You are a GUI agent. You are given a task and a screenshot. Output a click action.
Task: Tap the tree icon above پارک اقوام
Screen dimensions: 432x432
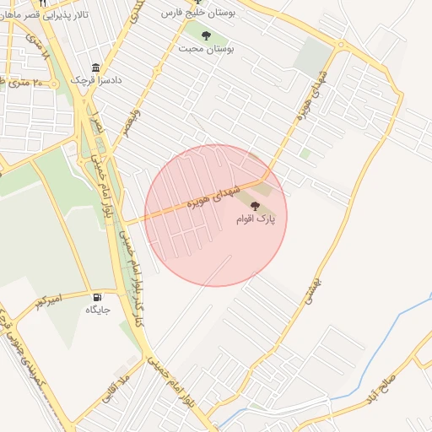256,206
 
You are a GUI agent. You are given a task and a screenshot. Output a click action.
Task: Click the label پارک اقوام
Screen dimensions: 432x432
256,219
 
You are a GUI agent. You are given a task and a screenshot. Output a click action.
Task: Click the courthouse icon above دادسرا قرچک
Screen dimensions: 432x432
94,67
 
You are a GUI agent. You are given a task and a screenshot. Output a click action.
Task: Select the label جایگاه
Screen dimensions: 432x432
98,310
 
